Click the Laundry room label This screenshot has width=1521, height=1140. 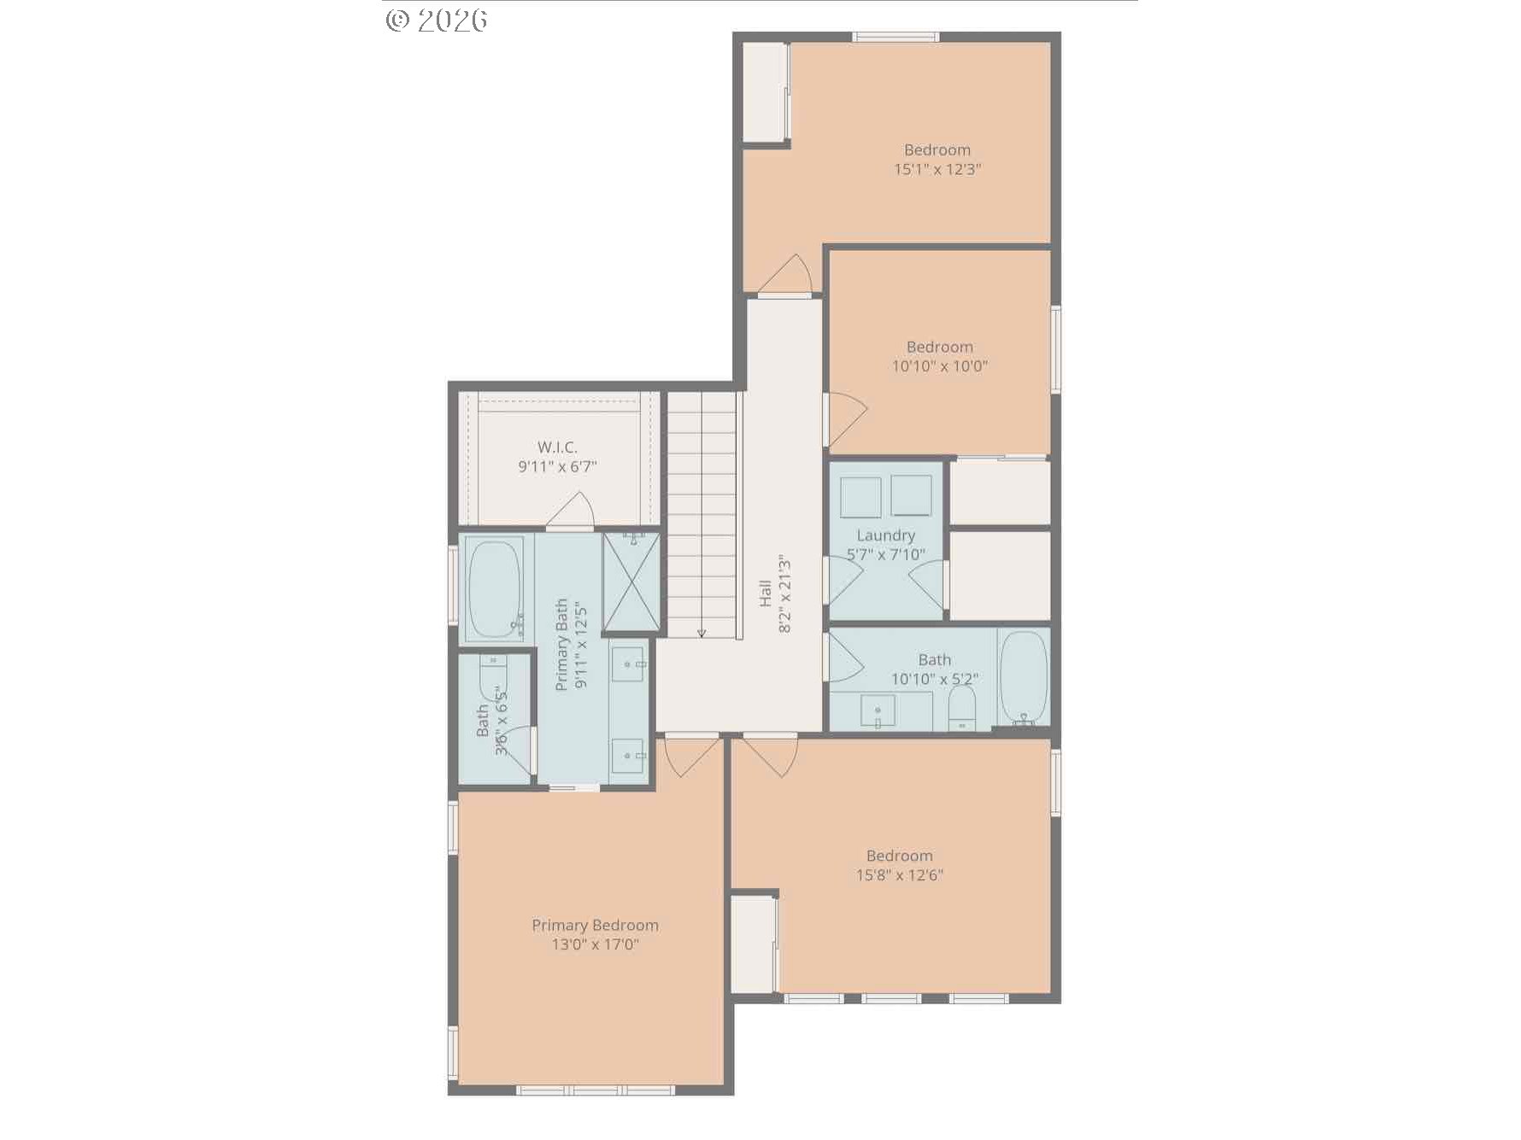coord(885,535)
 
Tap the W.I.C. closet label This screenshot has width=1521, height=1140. coord(557,447)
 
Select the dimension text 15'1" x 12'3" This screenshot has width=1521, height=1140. coord(937,169)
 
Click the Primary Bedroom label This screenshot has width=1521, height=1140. coord(595,925)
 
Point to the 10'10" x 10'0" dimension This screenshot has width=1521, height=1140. coord(939,366)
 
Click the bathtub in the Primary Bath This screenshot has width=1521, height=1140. coord(493,589)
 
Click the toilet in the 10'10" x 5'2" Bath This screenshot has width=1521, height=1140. coord(962,709)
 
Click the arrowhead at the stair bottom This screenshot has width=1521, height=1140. coord(702,633)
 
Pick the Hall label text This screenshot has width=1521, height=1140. coord(766,594)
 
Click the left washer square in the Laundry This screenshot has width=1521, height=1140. coord(860,497)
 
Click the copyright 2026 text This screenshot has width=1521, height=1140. coord(437,20)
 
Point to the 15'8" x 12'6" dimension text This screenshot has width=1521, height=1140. coord(899,875)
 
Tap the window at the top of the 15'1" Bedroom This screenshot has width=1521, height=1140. coord(895,37)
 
